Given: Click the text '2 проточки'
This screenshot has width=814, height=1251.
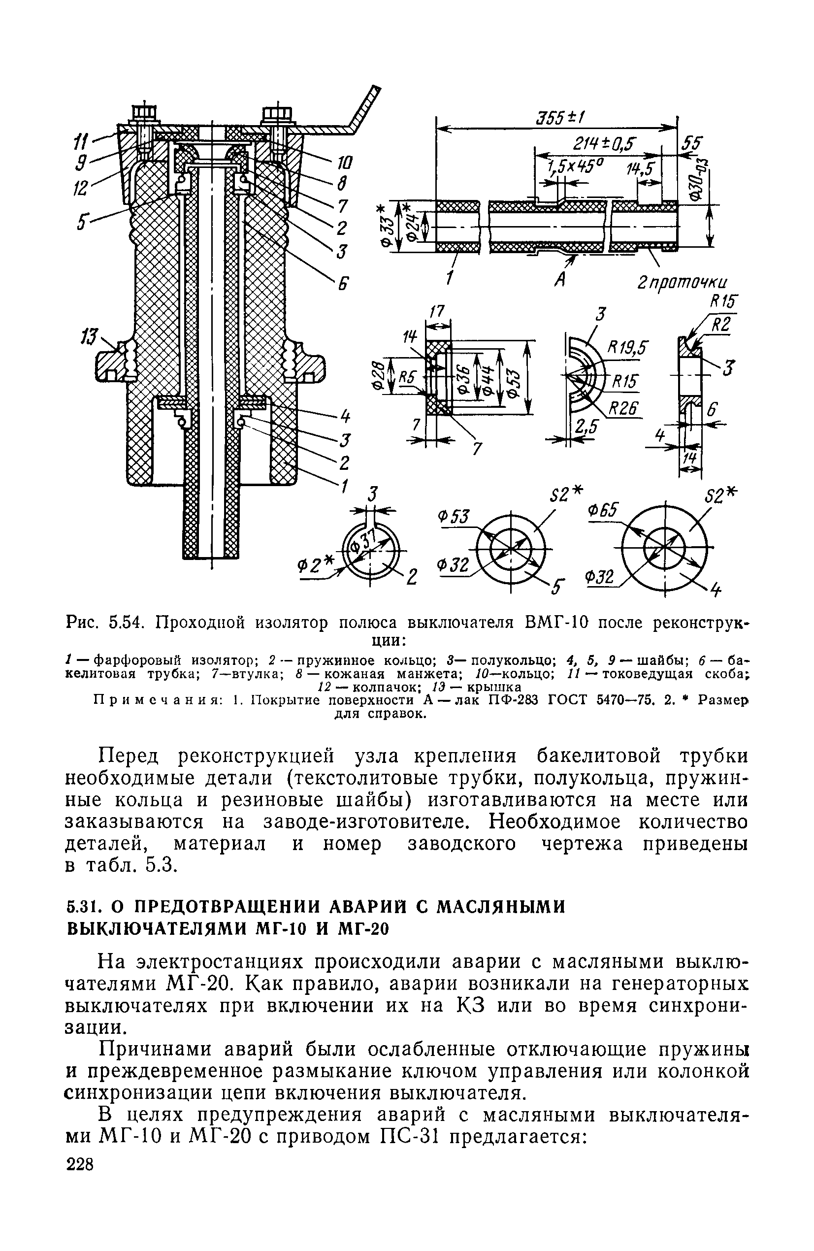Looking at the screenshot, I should click(681, 282).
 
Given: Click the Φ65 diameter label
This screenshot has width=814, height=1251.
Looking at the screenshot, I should click(605, 510).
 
